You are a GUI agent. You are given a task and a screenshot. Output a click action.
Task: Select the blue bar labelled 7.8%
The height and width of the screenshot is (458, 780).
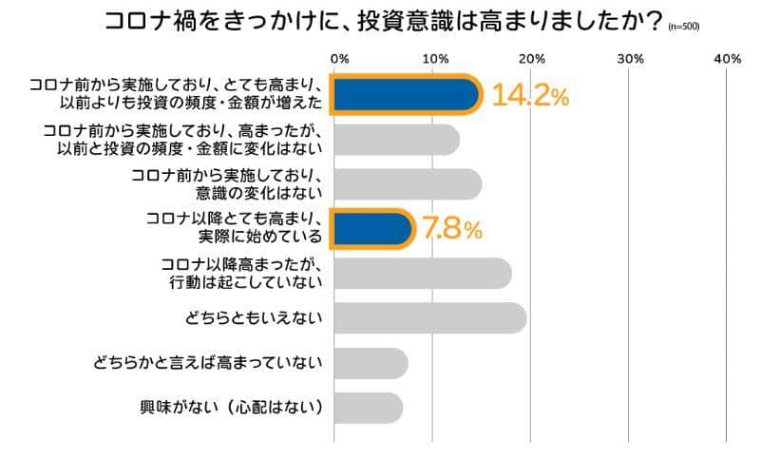[372, 228]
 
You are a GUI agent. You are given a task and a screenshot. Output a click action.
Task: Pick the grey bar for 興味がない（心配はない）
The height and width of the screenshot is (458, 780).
[370, 408]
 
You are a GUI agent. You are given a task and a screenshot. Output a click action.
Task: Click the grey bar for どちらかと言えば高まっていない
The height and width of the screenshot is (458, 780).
[371, 363]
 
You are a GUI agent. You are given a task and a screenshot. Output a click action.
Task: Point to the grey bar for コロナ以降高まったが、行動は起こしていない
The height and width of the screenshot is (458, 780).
[422, 273]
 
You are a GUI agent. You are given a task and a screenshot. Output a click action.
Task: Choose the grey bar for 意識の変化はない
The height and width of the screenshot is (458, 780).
[408, 183]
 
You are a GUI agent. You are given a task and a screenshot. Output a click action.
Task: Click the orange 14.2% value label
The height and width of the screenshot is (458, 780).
[529, 97]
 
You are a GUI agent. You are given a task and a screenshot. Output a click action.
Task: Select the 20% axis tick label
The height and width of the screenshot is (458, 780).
[532, 59]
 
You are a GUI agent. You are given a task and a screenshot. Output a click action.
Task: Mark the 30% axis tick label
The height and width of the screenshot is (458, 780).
[630, 59]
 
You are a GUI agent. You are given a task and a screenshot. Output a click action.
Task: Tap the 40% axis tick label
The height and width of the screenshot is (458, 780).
[727, 59]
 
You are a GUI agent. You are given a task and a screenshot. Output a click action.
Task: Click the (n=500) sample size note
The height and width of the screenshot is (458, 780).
[683, 27]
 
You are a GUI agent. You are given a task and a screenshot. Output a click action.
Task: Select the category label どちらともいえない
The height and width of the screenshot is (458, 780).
[250, 318]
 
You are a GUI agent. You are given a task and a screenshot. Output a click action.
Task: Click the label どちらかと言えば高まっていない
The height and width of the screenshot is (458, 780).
[209, 363]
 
